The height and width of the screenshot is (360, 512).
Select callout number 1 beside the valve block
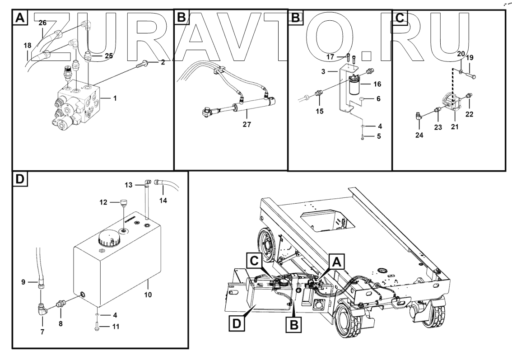point(115,98)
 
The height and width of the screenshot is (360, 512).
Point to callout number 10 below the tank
point(148,295)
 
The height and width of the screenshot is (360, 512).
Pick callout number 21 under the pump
point(454,127)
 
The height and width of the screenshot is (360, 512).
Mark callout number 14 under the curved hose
point(163,200)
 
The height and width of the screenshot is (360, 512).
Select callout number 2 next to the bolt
point(163,62)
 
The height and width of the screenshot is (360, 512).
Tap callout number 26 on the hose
point(42,23)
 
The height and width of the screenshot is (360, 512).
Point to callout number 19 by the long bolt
point(470,58)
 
